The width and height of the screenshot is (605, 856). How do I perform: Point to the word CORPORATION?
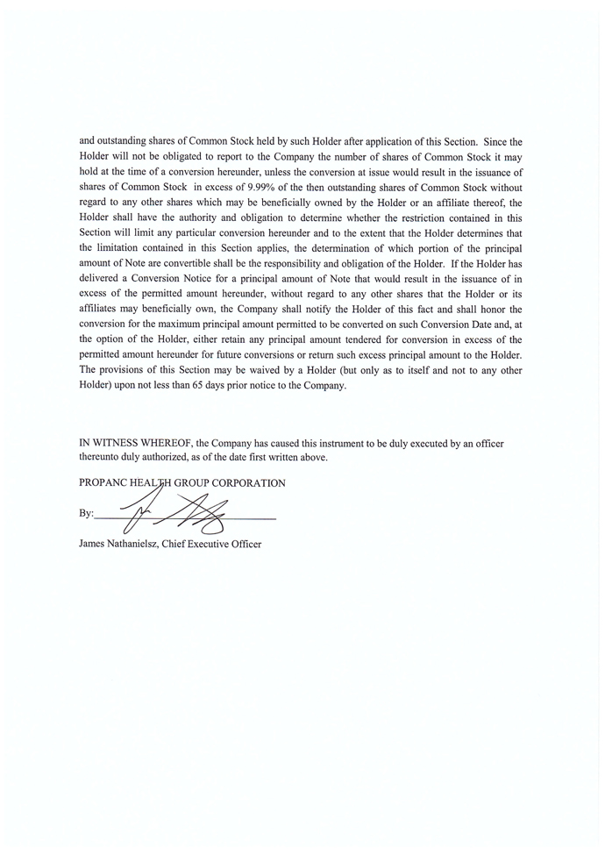(252, 483)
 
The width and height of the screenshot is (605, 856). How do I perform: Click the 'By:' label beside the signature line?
(86, 513)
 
